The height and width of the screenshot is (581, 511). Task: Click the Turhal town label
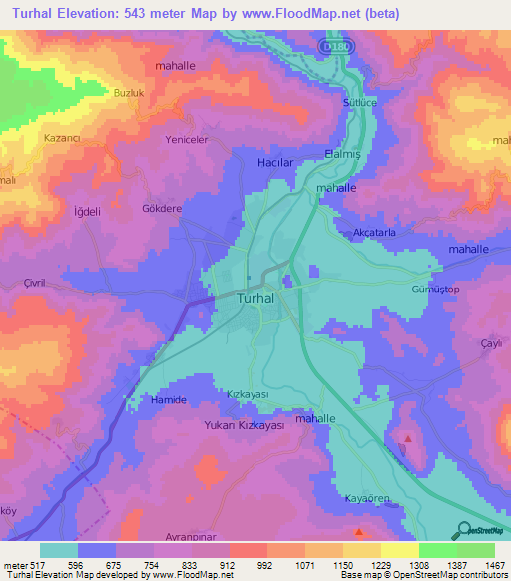(x=263, y=298)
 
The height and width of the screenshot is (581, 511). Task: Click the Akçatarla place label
(x=374, y=232)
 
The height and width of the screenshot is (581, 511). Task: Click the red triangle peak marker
(x=407, y=439)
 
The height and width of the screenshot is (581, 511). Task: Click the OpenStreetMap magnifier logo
(x=460, y=530)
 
